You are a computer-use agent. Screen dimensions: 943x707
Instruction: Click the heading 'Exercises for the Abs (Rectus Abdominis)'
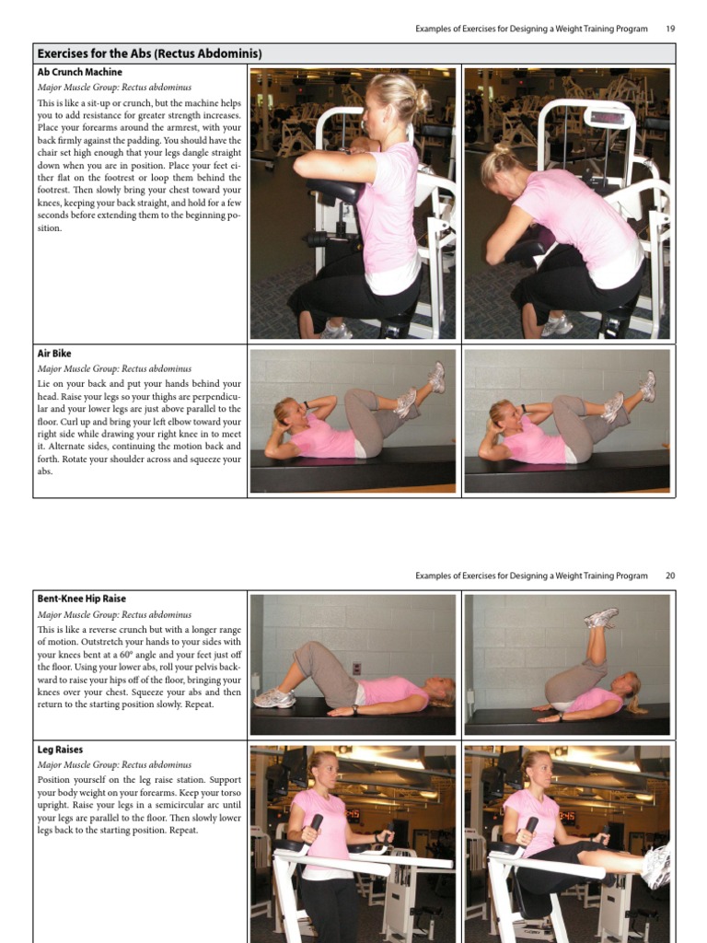(x=149, y=53)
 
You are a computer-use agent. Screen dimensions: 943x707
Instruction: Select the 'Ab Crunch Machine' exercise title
(x=79, y=72)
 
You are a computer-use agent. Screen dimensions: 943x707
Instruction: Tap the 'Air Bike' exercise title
(x=54, y=354)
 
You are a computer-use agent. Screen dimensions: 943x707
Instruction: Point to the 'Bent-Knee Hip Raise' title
(x=82, y=599)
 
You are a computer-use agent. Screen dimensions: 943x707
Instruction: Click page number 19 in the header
(x=670, y=29)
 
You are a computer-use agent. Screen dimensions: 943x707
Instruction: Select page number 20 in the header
(x=670, y=576)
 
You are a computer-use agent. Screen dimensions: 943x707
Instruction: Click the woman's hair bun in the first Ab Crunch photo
(x=422, y=97)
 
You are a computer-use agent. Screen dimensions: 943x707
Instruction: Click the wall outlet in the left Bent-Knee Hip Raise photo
(x=356, y=668)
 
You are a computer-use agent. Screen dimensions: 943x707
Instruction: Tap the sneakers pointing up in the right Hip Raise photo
(x=601, y=618)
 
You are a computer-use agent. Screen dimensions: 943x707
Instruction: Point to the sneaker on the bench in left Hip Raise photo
(x=273, y=698)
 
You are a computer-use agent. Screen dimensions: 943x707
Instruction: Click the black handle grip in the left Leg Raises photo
(x=316, y=822)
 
